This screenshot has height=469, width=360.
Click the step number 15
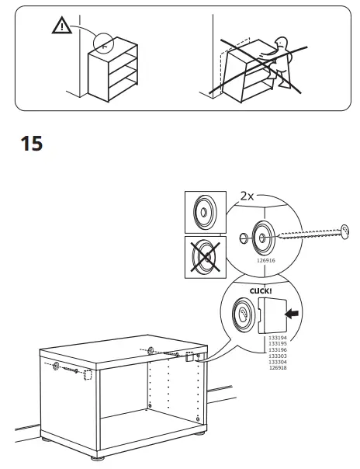click(x=31, y=144)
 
